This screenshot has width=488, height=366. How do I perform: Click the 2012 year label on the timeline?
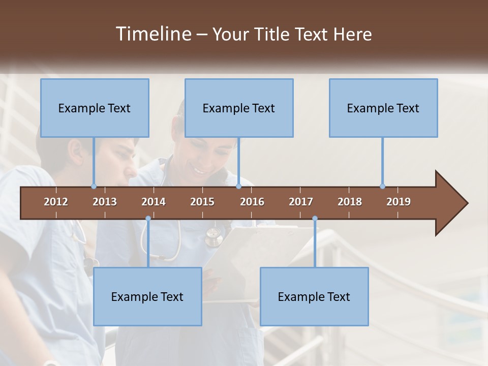pos(56,202)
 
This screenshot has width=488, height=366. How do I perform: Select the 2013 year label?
pos(105,202)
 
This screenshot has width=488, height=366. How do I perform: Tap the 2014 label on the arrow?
pos(154,202)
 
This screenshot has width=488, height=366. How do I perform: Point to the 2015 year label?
pos(202,202)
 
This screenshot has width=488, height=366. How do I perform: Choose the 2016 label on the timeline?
pos(252,202)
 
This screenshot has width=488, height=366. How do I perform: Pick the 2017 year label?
pos(301,202)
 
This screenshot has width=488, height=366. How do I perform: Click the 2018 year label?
pos(350,202)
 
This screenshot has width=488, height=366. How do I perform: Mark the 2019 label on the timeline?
pos(399,202)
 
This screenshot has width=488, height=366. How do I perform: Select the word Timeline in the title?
pos(152,34)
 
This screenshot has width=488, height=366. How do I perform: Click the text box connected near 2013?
pos(95,108)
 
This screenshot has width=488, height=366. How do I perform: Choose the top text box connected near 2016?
pos(239,108)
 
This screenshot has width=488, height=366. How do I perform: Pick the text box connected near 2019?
pos(383,108)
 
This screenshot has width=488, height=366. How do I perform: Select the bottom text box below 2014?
pos(147,296)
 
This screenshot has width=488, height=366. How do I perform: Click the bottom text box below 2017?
pos(314,296)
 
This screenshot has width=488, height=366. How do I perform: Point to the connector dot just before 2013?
pos(94,186)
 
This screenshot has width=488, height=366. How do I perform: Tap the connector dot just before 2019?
pos(382,186)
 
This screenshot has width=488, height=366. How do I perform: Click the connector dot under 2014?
pos(148,219)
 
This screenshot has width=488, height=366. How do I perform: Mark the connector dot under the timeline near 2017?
pos(315,219)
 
